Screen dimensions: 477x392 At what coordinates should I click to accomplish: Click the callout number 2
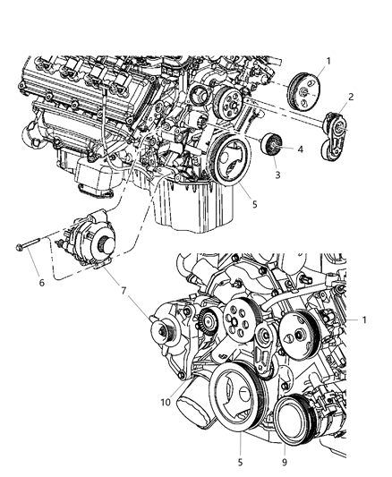click(351, 97)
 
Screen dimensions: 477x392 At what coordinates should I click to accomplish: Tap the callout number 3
click(277, 175)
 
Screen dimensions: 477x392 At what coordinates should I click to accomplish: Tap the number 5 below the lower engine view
click(241, 464)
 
